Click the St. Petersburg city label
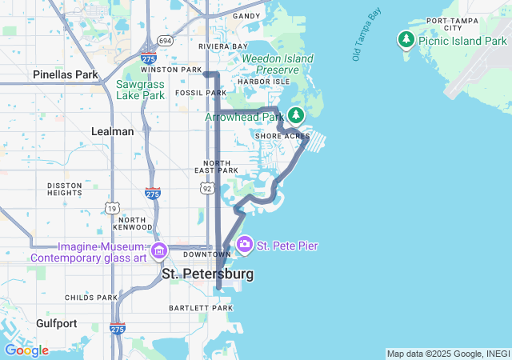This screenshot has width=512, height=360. click(207, 274)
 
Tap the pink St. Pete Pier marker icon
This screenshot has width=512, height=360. click(244, 243)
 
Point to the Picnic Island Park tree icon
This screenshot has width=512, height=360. click(406, 39)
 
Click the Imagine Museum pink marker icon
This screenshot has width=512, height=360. click(158, 251)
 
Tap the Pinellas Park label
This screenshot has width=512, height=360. click(65, 74)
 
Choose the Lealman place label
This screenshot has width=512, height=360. click(113, 131)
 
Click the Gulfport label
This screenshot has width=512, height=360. click(56, 323)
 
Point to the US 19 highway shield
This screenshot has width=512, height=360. click(112, 208)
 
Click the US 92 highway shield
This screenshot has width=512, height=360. click(207, 188)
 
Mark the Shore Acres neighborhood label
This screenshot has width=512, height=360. click(282, 137)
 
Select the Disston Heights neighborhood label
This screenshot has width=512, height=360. click(65, 188)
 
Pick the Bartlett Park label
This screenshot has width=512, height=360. click(200, 308)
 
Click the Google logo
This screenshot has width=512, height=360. click(26, 350)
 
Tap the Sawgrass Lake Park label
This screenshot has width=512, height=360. click(140, 90)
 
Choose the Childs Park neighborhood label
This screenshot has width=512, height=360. click(90, 298)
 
